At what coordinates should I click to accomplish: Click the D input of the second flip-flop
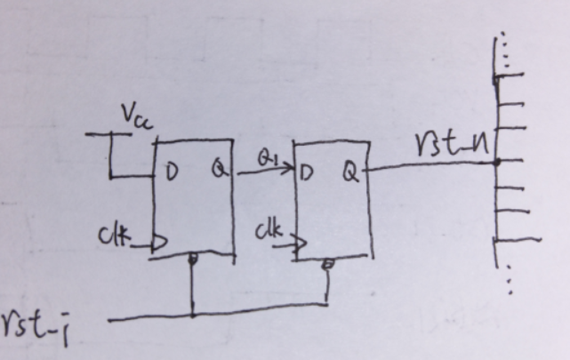pyautogui.click(x=309, y=172)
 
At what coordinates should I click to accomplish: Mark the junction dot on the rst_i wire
pyautogui.click(x=192, y=315)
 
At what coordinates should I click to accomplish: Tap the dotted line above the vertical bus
pyautogui.click(x=502, y=49)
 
